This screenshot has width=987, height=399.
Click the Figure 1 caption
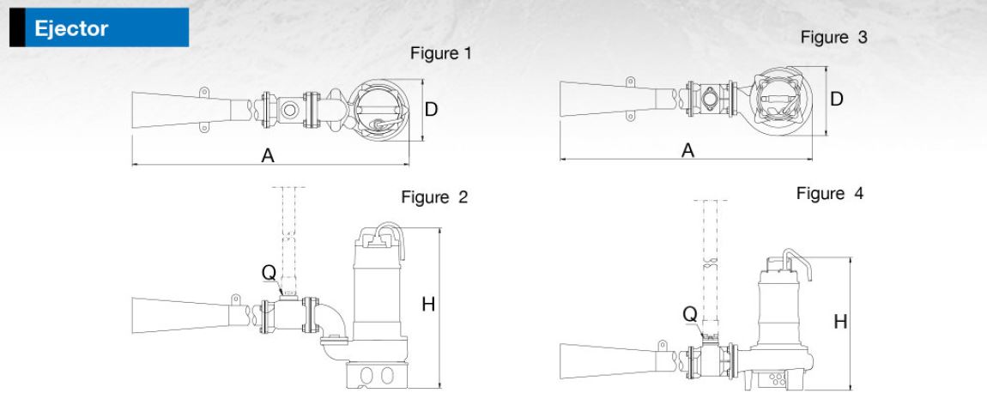[x=441, y=54]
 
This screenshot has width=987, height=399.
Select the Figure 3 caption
[x=831, y=39]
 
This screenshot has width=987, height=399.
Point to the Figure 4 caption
[x=830, y=194]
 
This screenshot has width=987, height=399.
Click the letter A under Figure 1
[x=268, y=155]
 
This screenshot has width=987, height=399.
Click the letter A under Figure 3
[x=687, y=150]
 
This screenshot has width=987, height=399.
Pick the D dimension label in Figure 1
[x=432, y=110]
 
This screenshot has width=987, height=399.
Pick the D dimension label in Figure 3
[x=836, y=99]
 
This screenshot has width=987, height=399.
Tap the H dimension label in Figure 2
[x=426, y=305]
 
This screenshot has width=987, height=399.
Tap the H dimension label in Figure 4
[x=841, y=321]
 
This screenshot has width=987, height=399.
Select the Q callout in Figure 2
[x=269, y=273]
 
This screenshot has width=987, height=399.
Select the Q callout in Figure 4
[x=689, y=314]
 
